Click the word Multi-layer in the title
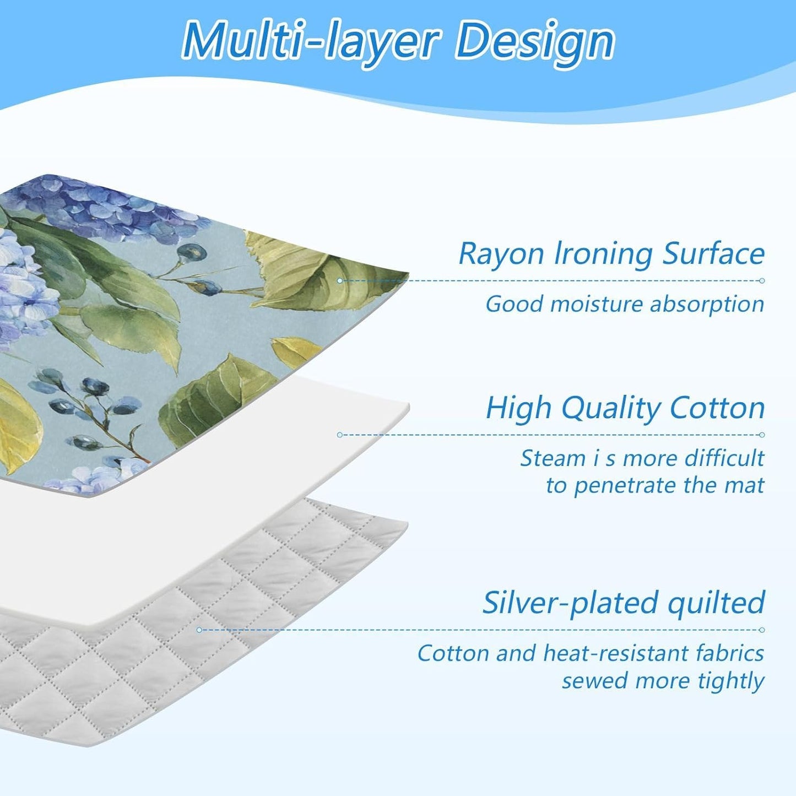311,41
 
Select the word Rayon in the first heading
501,254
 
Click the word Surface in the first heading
713,254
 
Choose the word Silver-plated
571,603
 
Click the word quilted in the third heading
716,603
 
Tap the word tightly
731,681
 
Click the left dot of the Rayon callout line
340,280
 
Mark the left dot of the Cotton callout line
340,435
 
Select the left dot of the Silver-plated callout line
199,630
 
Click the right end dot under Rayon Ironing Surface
762,280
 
